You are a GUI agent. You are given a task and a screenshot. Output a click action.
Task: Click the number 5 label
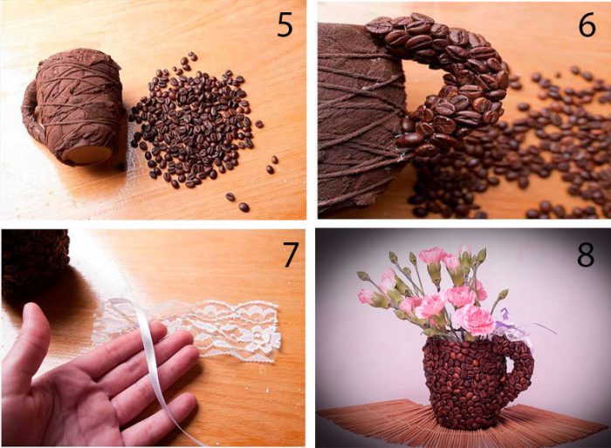[x=285, y=25]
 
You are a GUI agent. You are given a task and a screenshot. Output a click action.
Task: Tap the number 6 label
[x=587, y=25]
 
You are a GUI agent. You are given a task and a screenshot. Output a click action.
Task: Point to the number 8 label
[x=586, y=254]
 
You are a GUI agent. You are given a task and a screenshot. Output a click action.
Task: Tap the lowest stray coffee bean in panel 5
[x=244, y=207]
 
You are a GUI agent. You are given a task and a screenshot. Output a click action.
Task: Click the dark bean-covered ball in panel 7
[x=34, y=261]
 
